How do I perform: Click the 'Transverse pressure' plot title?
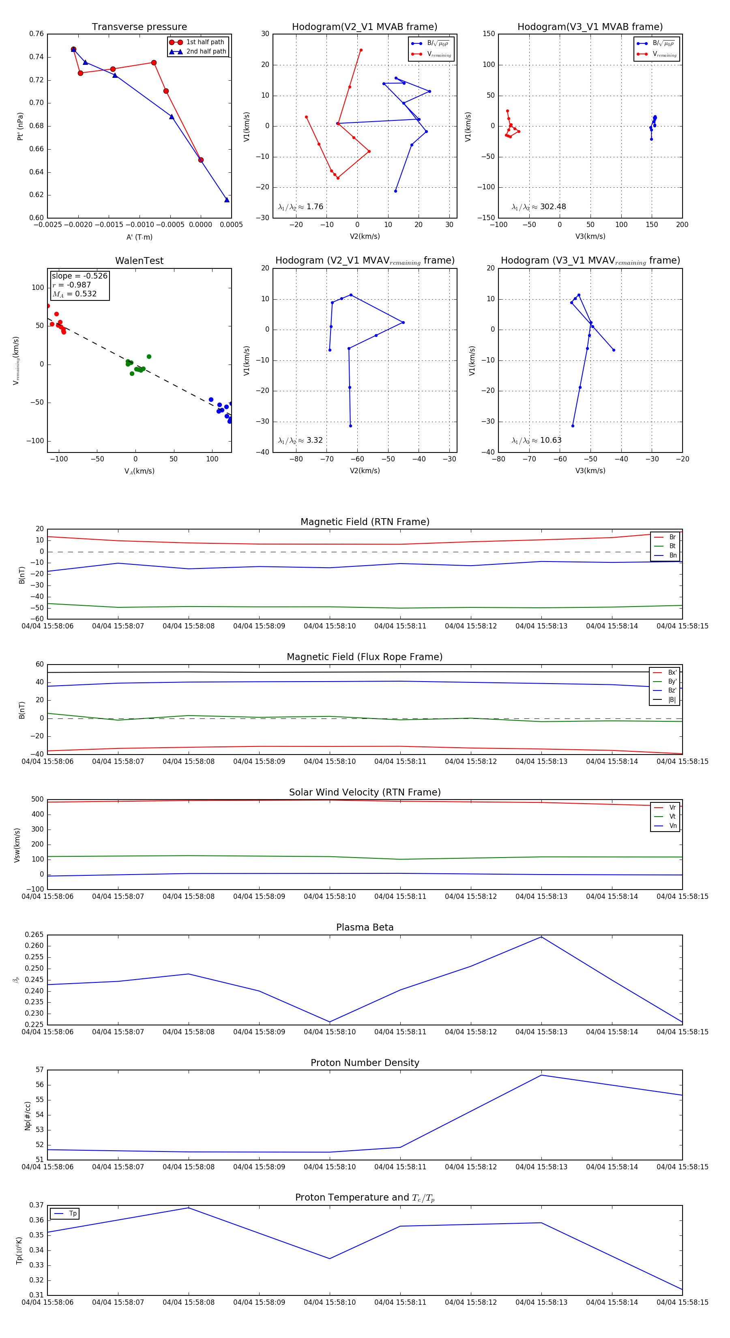139,27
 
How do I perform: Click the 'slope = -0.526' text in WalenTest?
79,276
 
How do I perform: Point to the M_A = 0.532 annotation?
74,294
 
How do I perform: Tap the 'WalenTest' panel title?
139,261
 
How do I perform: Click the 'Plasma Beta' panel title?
365,927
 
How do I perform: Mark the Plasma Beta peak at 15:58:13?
541,937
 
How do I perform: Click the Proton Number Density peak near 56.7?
541,1075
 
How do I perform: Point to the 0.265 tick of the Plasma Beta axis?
34,935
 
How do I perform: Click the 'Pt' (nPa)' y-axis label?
20,126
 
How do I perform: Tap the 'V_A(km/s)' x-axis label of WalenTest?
139,471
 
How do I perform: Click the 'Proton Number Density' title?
365,1063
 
